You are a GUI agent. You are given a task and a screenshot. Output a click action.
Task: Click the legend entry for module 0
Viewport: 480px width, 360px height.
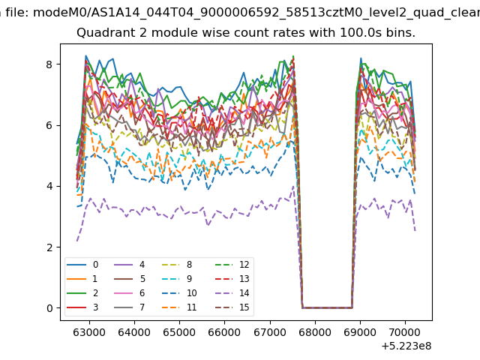coord(82,265)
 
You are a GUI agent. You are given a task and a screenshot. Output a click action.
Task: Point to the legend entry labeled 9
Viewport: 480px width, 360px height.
coord(177,278)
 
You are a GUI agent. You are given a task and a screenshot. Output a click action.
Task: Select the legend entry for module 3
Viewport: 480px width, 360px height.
coord(82,307)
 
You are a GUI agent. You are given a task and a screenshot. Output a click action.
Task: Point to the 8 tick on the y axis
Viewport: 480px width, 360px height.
coord(49,64)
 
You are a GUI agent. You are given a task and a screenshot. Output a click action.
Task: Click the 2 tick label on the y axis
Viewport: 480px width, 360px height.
coord(49,247)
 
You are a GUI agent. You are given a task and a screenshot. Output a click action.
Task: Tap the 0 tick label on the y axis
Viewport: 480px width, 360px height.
coord(49,308)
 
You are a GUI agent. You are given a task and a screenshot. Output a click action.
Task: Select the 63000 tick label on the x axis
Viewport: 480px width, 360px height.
coord(89,332)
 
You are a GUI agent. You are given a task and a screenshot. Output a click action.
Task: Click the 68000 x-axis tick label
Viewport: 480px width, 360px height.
coord(315,332)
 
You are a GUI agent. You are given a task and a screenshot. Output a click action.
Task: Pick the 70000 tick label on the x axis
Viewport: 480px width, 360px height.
coord(405,332)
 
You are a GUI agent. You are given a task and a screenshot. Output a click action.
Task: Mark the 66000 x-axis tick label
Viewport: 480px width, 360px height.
coord(224,332)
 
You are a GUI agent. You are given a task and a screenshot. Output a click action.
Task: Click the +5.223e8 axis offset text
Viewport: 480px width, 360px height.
coord(406,346)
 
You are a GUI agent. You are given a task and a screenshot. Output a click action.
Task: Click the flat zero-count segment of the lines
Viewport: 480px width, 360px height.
coord(327,307)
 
